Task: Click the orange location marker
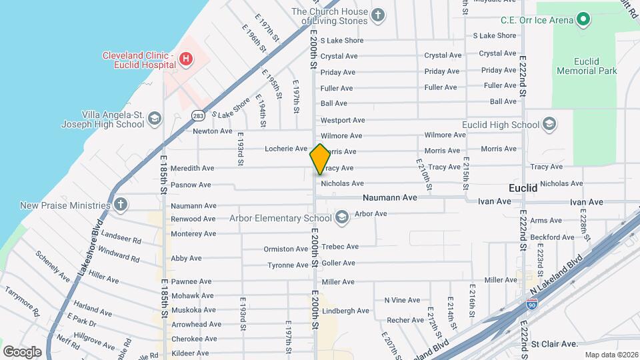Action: pos(320,159)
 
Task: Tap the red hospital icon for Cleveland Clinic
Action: pos(186,59)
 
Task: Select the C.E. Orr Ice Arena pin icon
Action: pos(583,20)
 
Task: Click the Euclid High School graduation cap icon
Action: pos(549,125)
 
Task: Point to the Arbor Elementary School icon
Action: pos(341,217)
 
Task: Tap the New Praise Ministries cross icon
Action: pos(120,205)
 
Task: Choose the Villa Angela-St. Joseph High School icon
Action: pos(154,119)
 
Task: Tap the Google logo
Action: pos(22,351)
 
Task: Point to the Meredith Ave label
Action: pos(193,168)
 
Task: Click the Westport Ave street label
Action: pos(343,120)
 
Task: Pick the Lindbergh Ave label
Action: pos(345,311)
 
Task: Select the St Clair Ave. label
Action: pos(553,344)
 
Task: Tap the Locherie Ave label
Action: pos(285,148)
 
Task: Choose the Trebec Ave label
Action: pos(340,247)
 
